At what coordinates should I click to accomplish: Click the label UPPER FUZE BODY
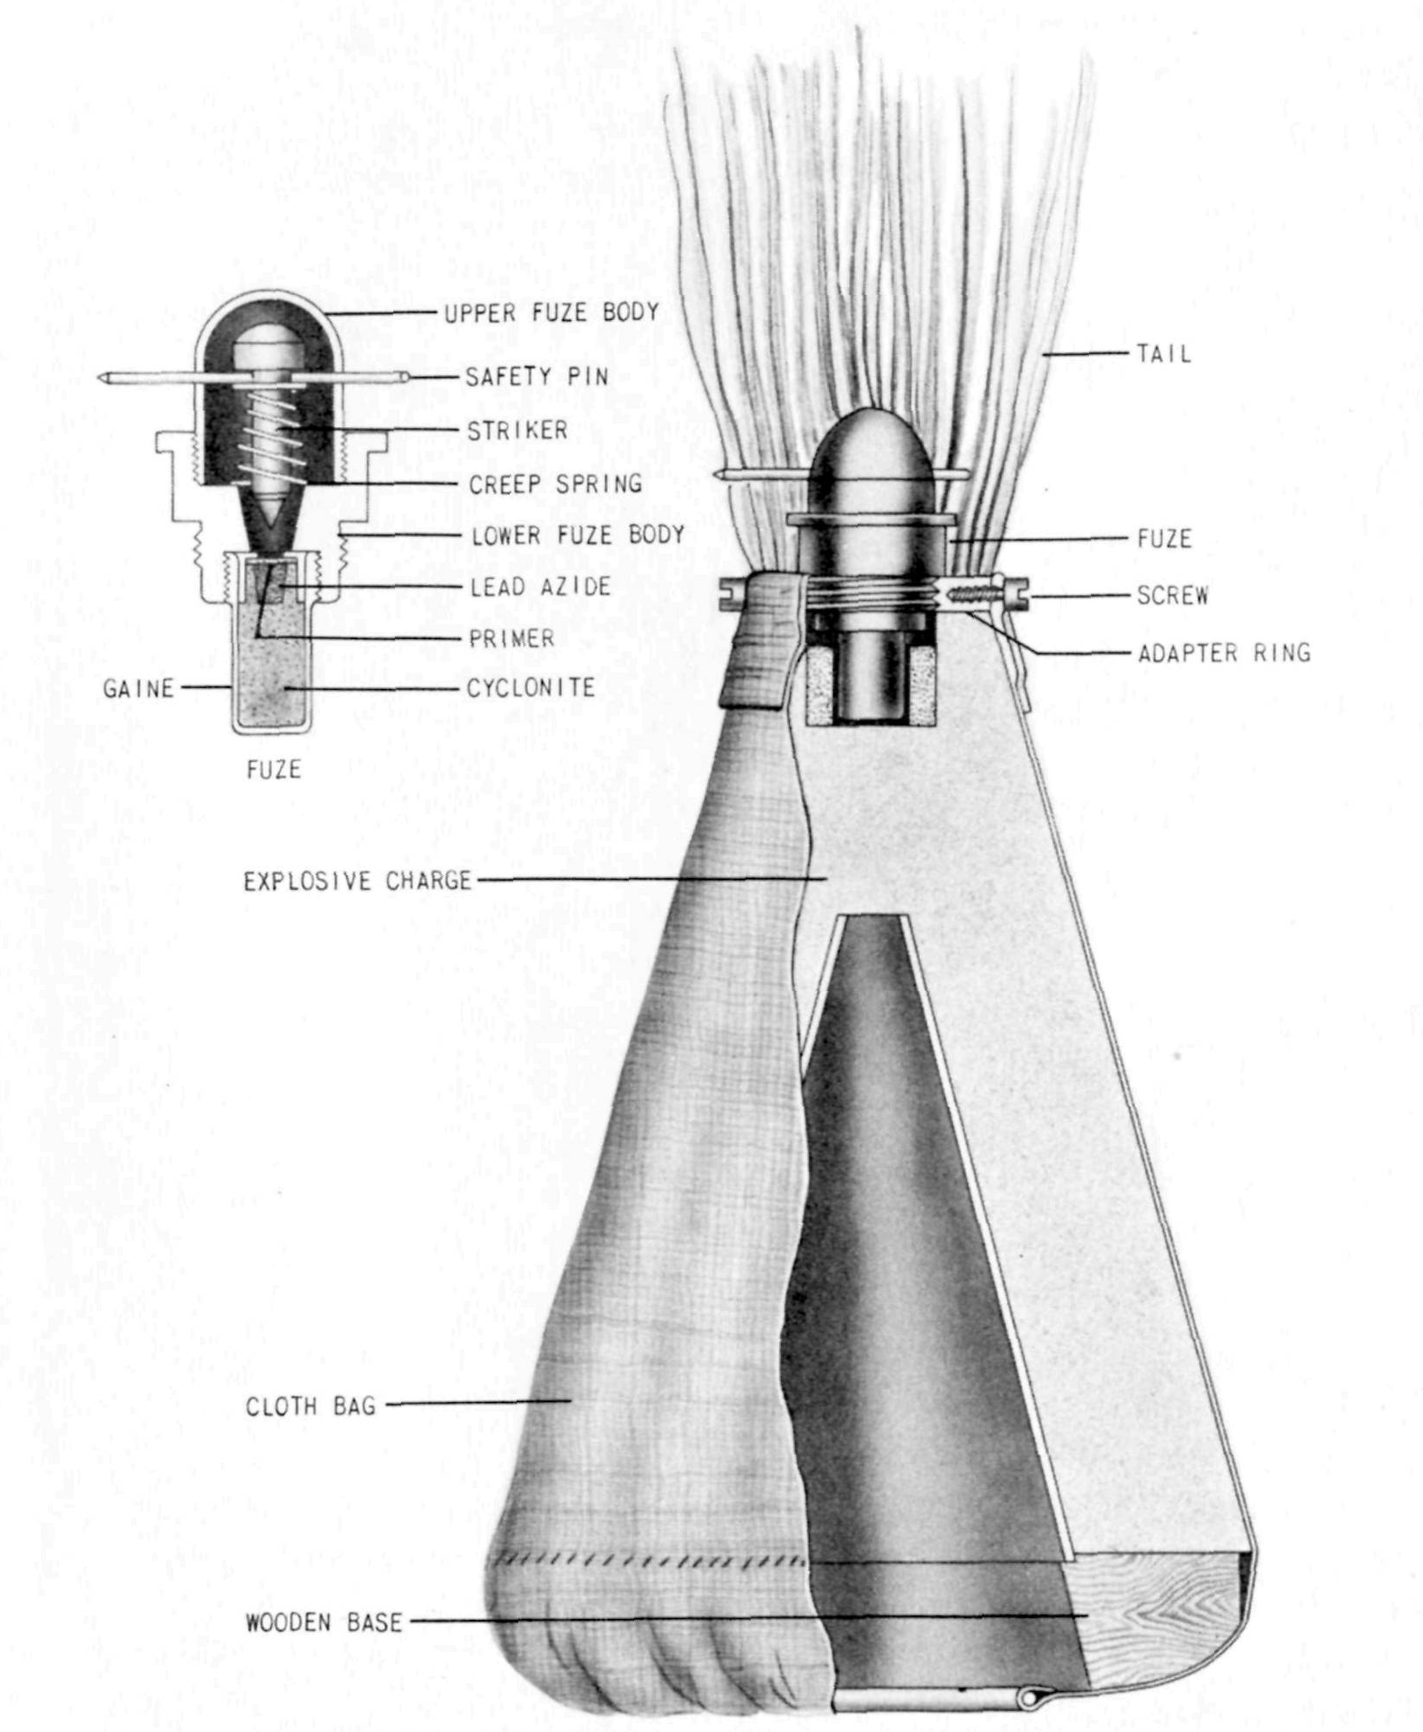point(551,312)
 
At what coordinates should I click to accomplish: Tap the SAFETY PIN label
point(537,377)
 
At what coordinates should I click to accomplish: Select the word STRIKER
point(517,430)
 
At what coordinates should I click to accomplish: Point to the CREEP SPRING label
point(556,484)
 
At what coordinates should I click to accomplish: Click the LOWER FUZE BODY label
point(578,535)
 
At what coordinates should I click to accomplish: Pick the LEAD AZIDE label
point(540,587)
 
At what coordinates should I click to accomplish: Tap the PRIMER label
point(511,639)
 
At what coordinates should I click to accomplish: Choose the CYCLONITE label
point(531,688)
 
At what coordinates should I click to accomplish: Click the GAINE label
point(138,689)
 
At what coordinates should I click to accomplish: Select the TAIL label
point(1164,354)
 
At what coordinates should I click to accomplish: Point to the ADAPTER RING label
point(1224,652)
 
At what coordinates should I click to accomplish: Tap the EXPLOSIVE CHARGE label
point(357,880)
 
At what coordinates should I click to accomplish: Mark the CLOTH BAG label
point(311,1407)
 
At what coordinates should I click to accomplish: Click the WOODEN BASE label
point(324,1622)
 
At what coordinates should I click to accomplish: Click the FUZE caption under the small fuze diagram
point(273,770)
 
